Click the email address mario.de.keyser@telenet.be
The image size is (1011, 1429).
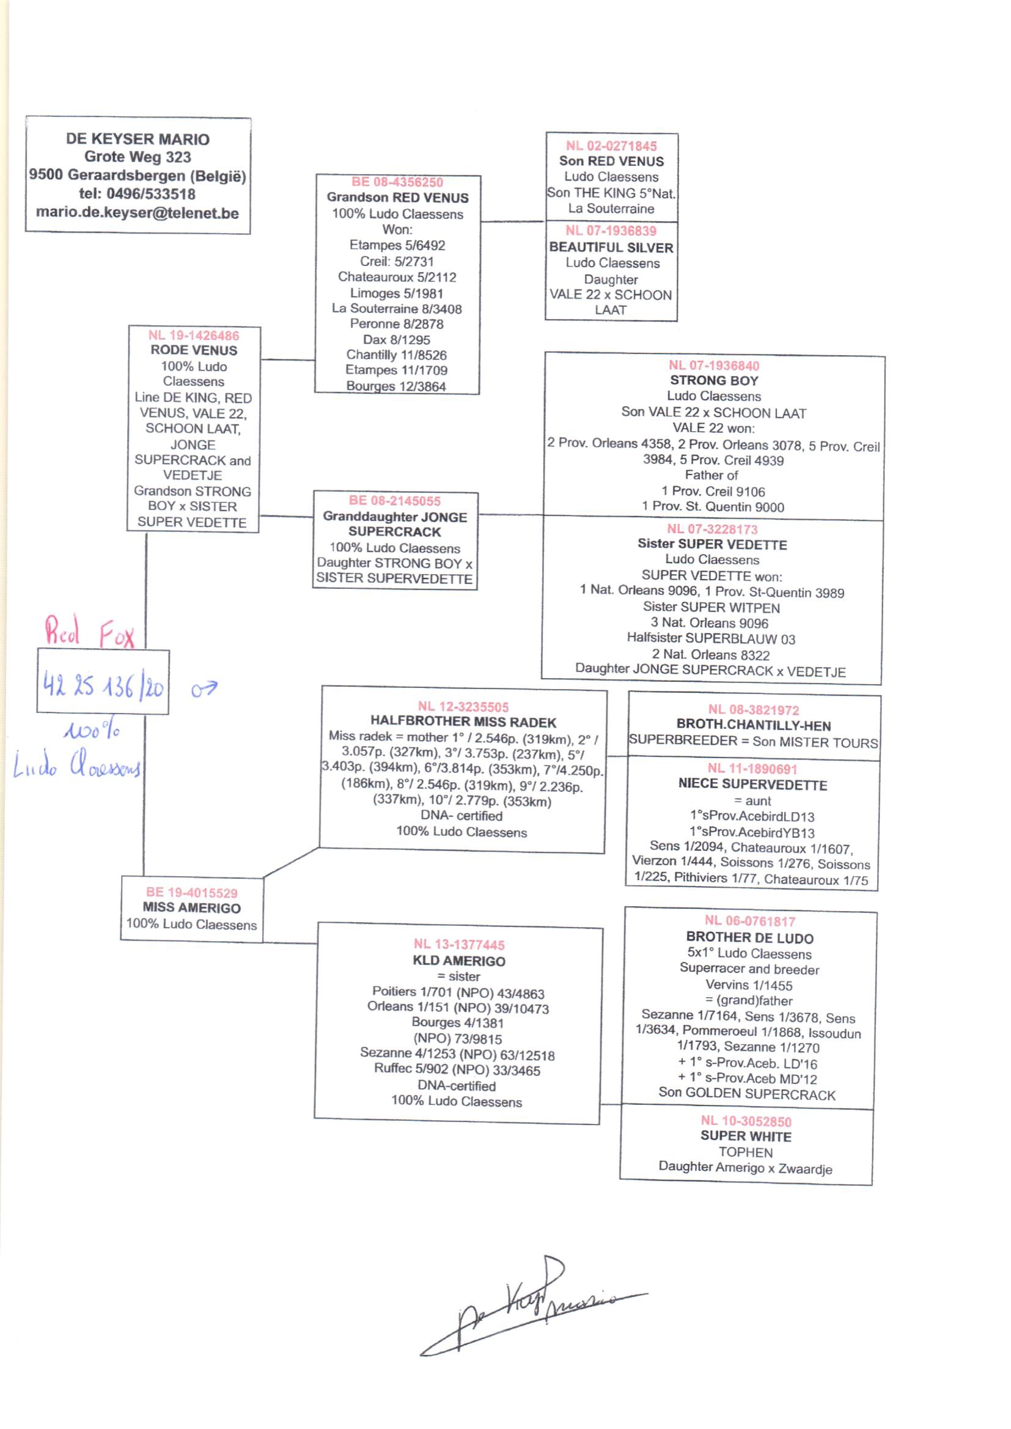tap(137, 213)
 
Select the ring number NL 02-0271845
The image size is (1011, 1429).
tap(611, 146)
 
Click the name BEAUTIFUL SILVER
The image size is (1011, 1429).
tap(611, 247)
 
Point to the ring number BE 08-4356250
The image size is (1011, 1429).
tap(397, 182)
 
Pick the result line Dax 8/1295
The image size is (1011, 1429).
tap(397, 340)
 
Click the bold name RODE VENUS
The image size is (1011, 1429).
tap(194, 350)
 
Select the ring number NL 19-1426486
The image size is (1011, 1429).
tap(194, 336)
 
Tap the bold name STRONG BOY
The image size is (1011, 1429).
tap(714, 380)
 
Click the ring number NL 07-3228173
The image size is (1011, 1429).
tap(712, 530)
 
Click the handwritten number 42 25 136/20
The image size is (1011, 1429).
tap(103, 686)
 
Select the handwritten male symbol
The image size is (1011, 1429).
tap(204, 689)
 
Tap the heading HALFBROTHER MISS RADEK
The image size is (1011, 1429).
tap(463, 722)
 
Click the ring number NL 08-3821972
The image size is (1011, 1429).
tap(753, 710)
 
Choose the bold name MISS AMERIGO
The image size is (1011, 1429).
tap(192, 908)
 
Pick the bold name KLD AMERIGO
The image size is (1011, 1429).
tap(459, 961)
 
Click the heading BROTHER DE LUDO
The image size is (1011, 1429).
tap(749, 937)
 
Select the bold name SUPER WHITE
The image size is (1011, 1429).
tap(746, 1136)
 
